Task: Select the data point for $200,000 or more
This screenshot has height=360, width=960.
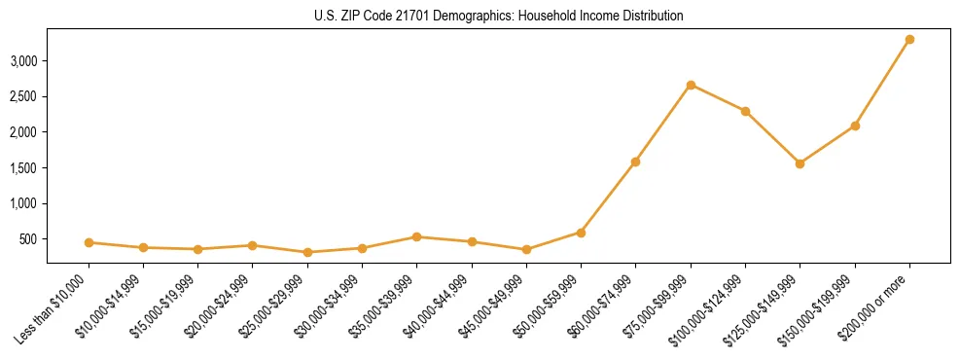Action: tap(909, 40)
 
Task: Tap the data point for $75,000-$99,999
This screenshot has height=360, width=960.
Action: tap(691, 85)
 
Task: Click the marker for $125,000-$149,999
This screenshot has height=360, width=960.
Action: tap(800, 163)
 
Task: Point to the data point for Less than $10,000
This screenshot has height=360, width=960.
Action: tap(89, 242)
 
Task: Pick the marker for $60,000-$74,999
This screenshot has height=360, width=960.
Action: tap(635, 162)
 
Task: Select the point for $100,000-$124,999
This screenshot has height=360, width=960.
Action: tap(745, 111)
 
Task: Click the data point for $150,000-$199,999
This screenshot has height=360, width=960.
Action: tap(855, 126)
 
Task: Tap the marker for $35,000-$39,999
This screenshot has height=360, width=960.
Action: tap(416, 236)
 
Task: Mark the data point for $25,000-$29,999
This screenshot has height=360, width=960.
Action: tap(307, 252)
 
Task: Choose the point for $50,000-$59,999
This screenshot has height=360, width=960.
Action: tap(581, 233)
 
